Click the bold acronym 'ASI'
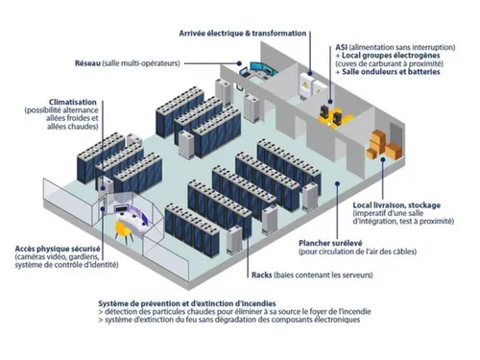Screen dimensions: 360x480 pos(343,46)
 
